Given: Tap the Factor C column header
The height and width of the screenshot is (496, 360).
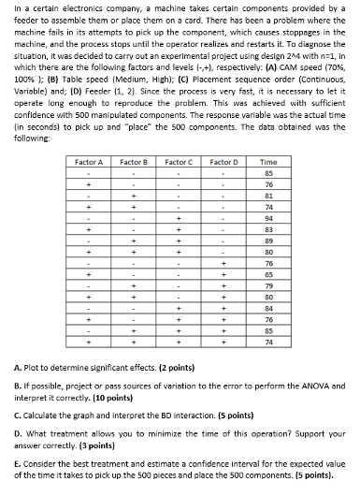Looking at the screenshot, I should (180, 162).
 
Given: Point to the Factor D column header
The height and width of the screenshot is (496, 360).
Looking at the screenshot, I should (225, 162).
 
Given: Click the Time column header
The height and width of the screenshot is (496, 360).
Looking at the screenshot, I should (268, 162).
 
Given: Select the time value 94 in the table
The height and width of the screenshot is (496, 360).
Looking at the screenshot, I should (268, 217).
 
